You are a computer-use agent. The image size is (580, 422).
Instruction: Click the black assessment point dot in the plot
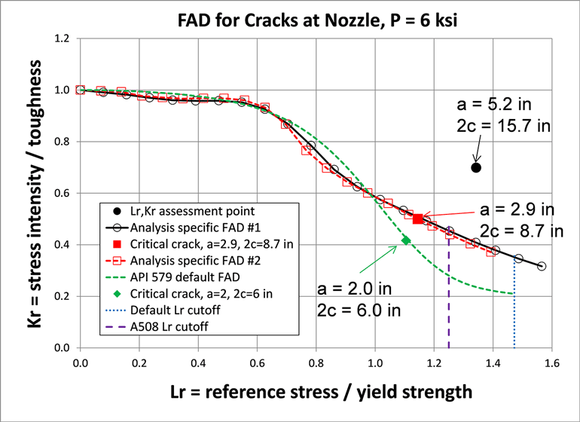coord(476,167)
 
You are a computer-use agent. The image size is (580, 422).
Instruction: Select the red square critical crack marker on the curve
coord(418,219)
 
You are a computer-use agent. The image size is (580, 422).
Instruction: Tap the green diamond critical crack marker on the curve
coord(407,240)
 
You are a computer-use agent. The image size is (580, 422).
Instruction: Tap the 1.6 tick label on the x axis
coord(551,362)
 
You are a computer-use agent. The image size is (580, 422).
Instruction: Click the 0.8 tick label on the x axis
coord(316,362)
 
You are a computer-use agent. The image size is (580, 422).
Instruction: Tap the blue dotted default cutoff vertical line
coord(514,316)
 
